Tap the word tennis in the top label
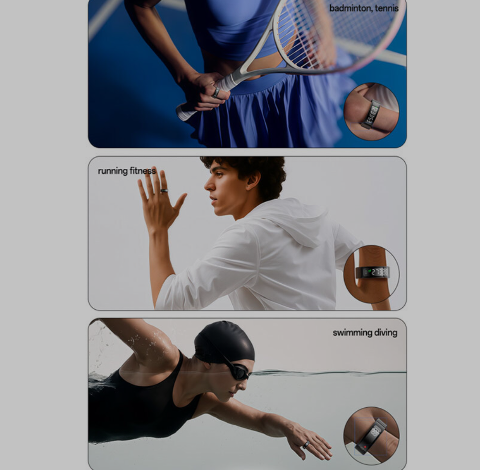pos(387,8)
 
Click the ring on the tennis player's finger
pos(216,92)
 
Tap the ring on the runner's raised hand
pos(164,191)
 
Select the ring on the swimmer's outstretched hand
pos(306,445)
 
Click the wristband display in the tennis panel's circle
pos(372,114)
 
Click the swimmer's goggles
pos(239,371)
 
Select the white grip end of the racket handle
pos(186,111)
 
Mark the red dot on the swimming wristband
pos(365,446)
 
